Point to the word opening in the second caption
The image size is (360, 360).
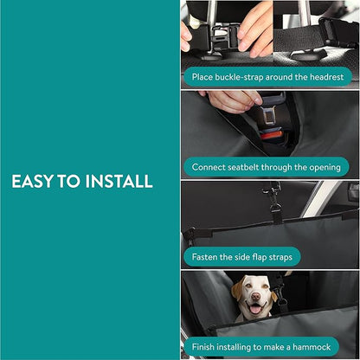[320, 166]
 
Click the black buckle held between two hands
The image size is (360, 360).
[223, 37]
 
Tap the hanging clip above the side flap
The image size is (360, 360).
[274, 202]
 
